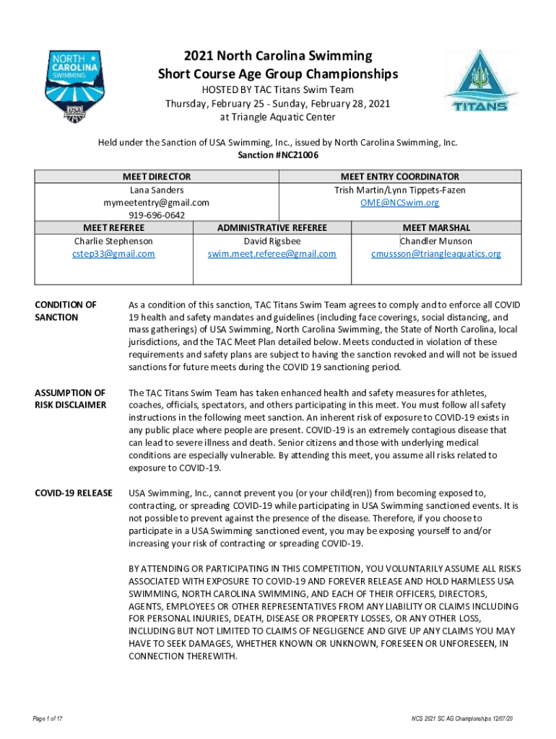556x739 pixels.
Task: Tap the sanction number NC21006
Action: (278, 155)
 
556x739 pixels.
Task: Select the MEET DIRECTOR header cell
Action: (157, 177)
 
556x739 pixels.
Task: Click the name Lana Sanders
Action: (157, 190)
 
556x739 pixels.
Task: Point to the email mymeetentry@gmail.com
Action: (157, 203)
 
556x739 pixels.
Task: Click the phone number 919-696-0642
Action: (157, 216)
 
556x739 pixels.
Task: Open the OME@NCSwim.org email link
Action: (399, 203)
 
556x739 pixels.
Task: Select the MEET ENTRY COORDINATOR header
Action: (399, 177)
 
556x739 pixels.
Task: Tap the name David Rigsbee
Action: (272, 241)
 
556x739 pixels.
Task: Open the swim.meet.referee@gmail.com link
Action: (272, 254)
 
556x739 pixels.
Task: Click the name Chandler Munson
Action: (436, 241)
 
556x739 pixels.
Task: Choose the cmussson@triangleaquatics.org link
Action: (436, 254)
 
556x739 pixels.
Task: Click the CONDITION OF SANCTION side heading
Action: (66, 311)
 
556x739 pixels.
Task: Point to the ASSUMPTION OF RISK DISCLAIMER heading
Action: (70, 399)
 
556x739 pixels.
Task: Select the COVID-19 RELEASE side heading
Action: (73, 493)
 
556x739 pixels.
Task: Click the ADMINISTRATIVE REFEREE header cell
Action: (272, 228)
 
